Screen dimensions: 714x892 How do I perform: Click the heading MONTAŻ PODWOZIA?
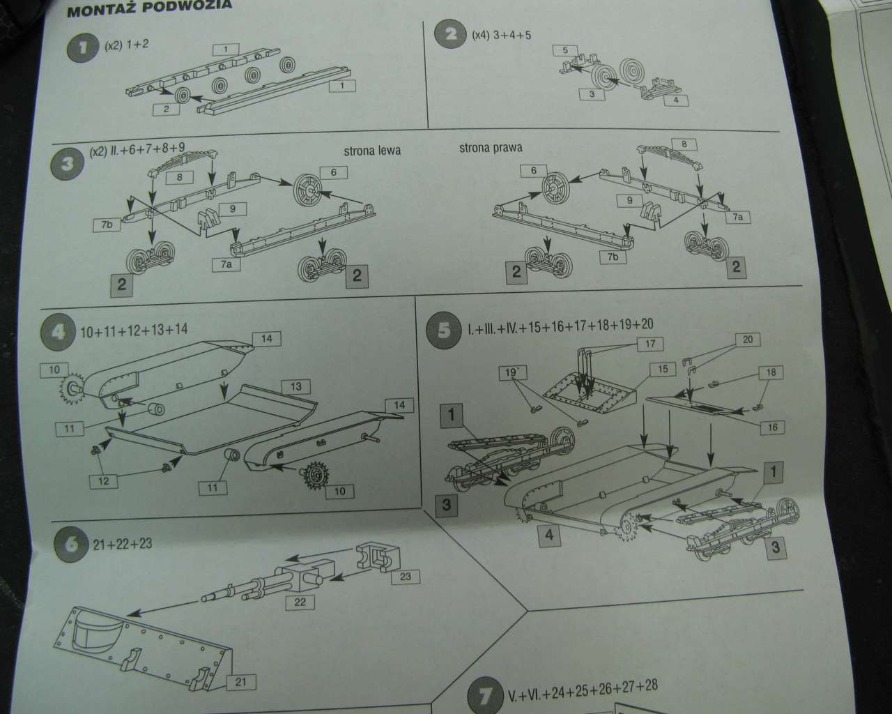point(148,8)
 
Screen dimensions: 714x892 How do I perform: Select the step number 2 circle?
point(452,34)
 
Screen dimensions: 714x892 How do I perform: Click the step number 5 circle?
point(444,330)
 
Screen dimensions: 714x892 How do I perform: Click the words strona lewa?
point(372,151)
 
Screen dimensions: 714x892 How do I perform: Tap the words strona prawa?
point(491,148)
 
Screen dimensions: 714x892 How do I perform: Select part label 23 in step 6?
point(406,577)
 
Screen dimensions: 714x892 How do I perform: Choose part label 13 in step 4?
point(296,386)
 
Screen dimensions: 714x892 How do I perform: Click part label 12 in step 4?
point(104,480)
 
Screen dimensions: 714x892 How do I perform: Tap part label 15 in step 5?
point(663,368)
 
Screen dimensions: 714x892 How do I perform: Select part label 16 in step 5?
point(773,427)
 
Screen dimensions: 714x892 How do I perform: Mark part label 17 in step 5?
point(650,344)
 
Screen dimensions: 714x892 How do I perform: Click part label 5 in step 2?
point(566,50)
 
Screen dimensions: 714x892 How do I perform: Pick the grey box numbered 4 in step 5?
point(550,535)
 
